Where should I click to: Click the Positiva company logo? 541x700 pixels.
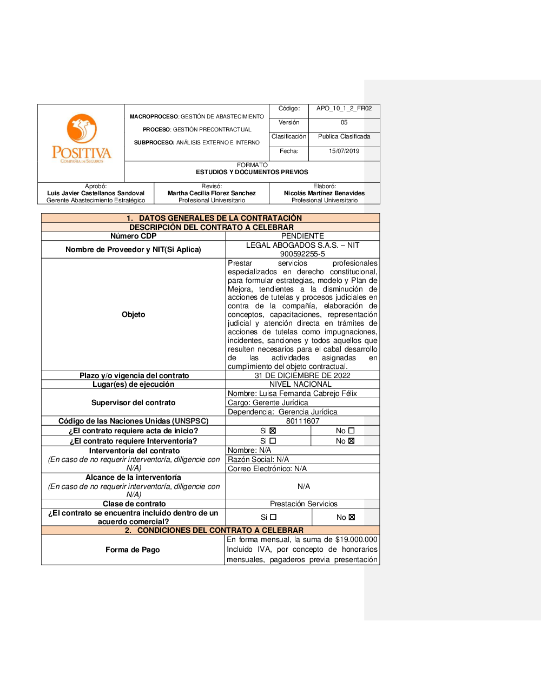tap(81, 138)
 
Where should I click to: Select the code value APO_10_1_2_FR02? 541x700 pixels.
tap(344, 108)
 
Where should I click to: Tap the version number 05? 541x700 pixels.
tap(344, 122)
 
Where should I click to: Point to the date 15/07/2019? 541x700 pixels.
tap(344, 151)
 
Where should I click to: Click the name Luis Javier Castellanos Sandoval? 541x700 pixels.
tap(96, 193)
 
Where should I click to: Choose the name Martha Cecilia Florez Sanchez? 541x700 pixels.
tap(212, 193)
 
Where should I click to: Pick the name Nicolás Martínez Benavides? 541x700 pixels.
tap(324, 193)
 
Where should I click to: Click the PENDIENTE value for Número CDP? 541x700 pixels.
tap(302, 236)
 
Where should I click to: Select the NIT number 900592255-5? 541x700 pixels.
tap(302, 254)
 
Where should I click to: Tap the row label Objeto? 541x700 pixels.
tap(133, 314)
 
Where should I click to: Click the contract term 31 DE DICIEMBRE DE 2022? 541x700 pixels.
tap(302, 375)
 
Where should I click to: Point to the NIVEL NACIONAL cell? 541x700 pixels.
tap(300, 384)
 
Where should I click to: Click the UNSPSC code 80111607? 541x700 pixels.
tap(302, 421)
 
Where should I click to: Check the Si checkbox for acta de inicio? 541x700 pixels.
tap(273, 431)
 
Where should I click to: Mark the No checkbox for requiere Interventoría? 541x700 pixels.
tap(351, 441)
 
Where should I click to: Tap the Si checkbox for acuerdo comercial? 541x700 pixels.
tap(273, 517)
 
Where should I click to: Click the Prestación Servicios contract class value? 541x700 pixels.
tap(304, 504)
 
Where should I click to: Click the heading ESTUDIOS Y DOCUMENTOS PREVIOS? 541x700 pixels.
tap(252, 172)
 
